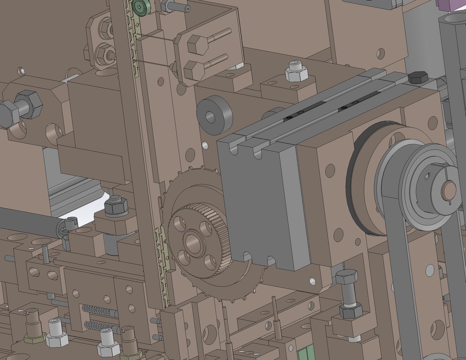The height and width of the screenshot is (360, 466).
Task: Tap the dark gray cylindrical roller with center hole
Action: (x=214, y=114)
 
